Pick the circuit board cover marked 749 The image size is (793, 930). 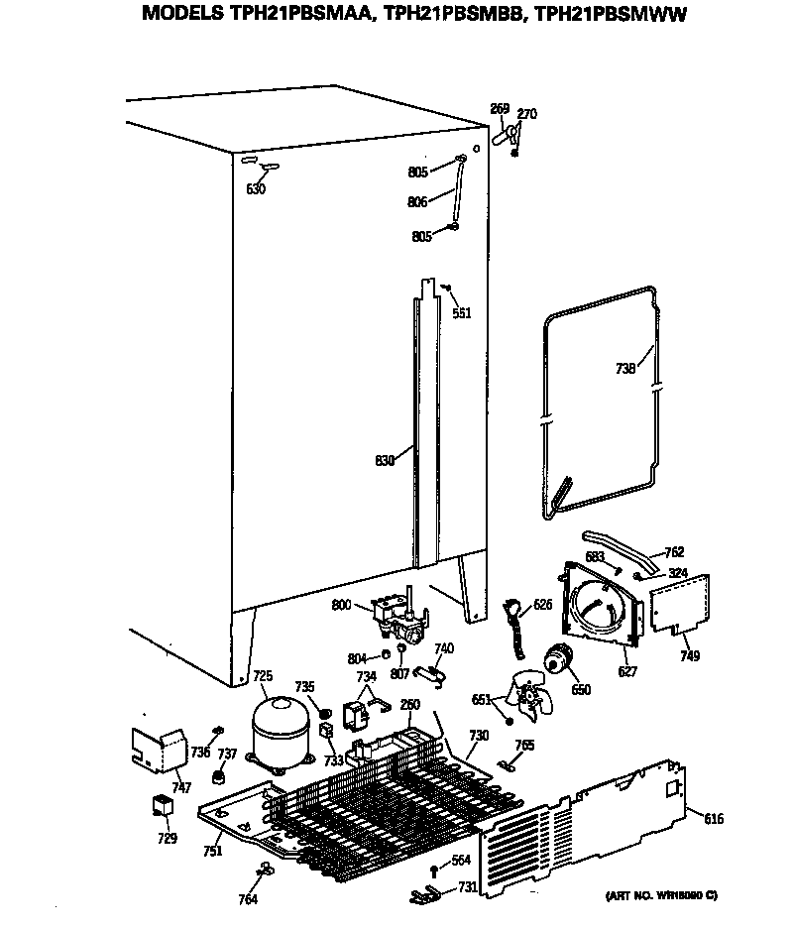click(x=681, y=604)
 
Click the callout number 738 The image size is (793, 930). click(x=625, y=368)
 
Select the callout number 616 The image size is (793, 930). click(x=714, y=818)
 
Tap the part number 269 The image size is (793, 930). click(x=500, y=108)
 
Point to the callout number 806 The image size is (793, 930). click(x=417, y=202)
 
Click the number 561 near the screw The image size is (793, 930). click(x=461, y=313)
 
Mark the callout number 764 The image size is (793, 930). click(x=248, y=899)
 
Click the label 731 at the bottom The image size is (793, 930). click(x=466, y=887)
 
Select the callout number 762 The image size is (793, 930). click(x=674, y=552)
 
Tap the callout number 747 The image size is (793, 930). click(x=181, y=788)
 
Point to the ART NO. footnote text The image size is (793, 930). click(x=661, y=895)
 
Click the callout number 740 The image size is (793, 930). click(x=444, y=648)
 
